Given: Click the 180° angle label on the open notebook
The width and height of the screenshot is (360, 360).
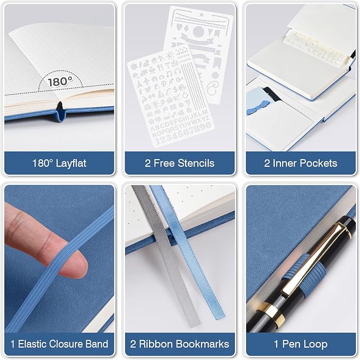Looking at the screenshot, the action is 60,81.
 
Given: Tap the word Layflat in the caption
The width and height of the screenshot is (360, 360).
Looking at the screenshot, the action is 71,163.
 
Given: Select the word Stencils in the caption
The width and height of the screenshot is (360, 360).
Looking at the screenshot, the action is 196,163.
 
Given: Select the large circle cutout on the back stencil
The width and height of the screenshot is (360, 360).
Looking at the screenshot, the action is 198,31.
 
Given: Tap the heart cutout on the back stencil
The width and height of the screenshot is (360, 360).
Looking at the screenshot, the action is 179,27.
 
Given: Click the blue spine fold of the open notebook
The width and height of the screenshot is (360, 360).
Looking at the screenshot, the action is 60,113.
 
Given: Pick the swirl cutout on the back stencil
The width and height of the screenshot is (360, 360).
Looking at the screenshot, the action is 213,89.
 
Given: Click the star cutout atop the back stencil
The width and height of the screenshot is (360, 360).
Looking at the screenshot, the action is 201,15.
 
